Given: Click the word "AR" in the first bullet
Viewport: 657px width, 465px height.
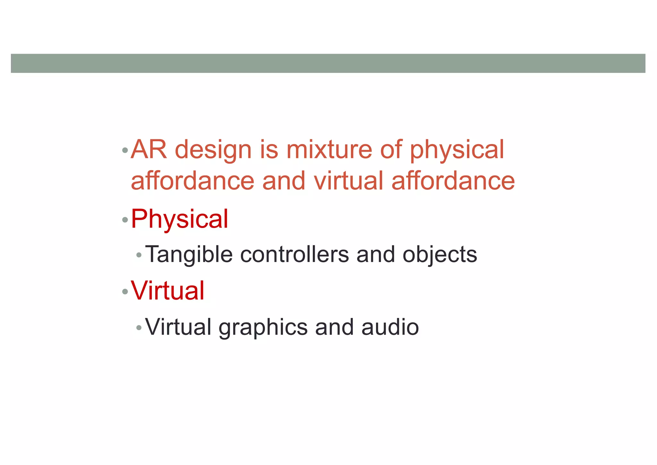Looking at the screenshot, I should point(149,150).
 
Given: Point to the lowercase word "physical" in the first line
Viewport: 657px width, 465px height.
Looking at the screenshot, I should point(457,150).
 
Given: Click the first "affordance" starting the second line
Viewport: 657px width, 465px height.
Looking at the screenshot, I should point(192,181).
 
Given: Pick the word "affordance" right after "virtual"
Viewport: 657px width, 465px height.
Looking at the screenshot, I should point(453,181).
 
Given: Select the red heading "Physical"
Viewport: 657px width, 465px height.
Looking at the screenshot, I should point(180,219).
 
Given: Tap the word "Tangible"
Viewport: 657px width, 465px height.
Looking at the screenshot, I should point(189,255).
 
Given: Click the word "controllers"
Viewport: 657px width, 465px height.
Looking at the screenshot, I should point(294,255).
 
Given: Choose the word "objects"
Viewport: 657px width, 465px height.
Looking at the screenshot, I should point(439,255).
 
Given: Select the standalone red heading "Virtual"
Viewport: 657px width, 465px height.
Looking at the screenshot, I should point(167,291).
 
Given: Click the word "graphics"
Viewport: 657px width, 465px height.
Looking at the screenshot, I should point(263,328).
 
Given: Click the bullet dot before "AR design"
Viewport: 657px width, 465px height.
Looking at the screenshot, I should point(125,150).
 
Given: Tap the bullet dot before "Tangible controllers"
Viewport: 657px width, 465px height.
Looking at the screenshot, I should point(139,255).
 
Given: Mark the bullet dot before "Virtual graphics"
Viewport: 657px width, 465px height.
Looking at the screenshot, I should point(139,328).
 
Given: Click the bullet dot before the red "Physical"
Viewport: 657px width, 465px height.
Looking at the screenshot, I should point(125,220).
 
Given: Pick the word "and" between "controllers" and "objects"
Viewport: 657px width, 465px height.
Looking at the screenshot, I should point(375,255).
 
